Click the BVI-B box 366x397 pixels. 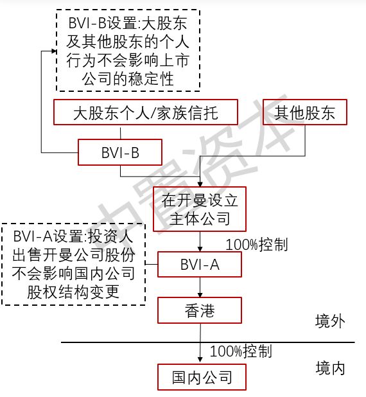(120, 152)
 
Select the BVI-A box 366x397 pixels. (200, 264)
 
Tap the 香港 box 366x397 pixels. (200, 310)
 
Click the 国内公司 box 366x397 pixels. (202, 377)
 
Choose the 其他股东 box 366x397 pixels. (305, 112)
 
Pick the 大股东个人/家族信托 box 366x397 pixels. (146, 112)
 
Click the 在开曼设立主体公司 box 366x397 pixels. (200, 209)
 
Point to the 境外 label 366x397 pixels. (330, 321)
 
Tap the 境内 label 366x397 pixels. (330, 368)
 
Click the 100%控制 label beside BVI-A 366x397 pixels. (257, 245)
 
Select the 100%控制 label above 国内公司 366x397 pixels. (241, 351)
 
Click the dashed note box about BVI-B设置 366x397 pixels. (128, 50)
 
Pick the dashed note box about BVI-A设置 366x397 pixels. (73, 264)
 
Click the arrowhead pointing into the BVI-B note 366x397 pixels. (54, 51)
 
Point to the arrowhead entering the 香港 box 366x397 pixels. (200, 295)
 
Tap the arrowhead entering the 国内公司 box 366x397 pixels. (200, 360)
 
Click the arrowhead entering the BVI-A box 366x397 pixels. (200, 249)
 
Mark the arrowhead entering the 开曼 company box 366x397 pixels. (200, 184)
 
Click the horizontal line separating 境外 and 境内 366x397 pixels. (208, 342)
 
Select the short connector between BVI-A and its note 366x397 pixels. (152, 264)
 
